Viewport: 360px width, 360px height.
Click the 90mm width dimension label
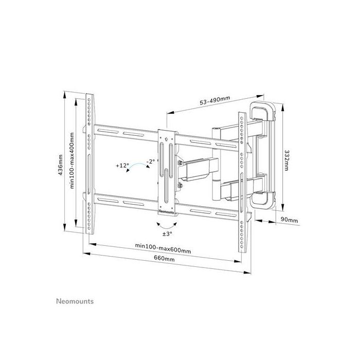point(290,220)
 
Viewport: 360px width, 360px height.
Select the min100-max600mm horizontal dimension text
point(163,250)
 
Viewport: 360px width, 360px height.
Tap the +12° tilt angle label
point(122,166)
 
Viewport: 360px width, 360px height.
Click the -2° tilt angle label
point(150,161)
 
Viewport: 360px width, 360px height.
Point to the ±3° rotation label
point(167,234)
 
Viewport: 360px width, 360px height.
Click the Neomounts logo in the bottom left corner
point(74,301)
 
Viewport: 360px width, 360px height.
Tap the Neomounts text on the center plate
point(167,209)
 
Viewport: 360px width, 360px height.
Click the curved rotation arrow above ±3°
point(166,224)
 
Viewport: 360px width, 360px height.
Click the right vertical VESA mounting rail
point(241,180)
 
